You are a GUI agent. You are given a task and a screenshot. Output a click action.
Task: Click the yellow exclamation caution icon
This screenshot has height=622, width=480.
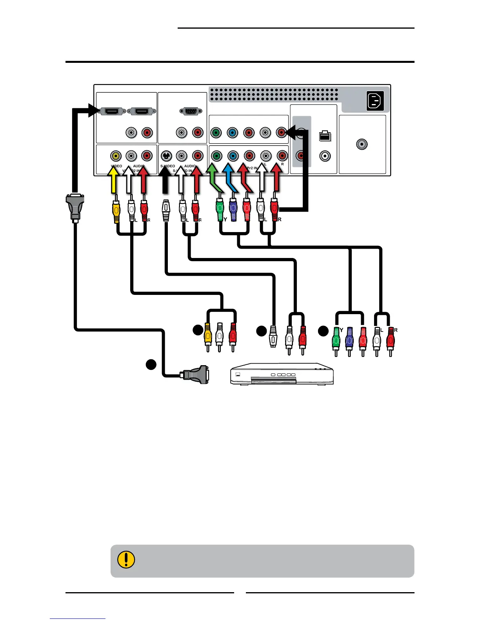point(126,560)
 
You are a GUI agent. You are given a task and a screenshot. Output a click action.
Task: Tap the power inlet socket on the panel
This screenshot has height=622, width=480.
point(375,101)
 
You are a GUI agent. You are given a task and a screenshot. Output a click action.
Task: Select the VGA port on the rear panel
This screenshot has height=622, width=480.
point(191,112)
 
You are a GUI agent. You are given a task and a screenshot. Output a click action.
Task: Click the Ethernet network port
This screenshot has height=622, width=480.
point(325,136)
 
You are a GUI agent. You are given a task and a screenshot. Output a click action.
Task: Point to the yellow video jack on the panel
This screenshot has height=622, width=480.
point(116,156)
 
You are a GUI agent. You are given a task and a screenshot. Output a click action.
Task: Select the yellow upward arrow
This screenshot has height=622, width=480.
point(114,180)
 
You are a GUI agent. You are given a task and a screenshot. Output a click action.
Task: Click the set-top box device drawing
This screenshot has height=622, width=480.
point(282,374)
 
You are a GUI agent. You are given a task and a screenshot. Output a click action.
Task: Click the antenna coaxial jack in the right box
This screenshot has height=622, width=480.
point(362,144)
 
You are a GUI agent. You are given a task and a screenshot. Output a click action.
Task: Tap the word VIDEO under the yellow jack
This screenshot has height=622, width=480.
point(116,166)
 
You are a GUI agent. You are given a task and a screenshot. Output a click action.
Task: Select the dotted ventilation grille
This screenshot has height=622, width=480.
point(274,94)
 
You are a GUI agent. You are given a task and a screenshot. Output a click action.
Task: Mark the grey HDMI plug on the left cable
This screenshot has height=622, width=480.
point(75,207)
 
